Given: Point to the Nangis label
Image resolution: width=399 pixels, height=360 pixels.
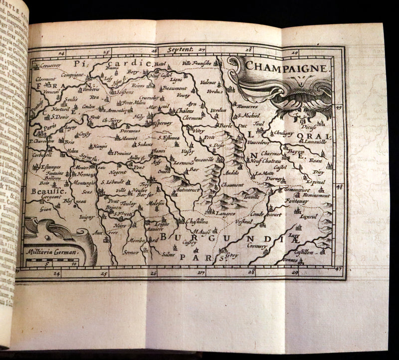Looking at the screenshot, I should tap(100, 146).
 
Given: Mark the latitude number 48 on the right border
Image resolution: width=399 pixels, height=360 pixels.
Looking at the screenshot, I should tap(340, 187).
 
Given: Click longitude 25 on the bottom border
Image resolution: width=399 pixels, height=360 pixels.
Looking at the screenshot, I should tap(104, 273).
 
